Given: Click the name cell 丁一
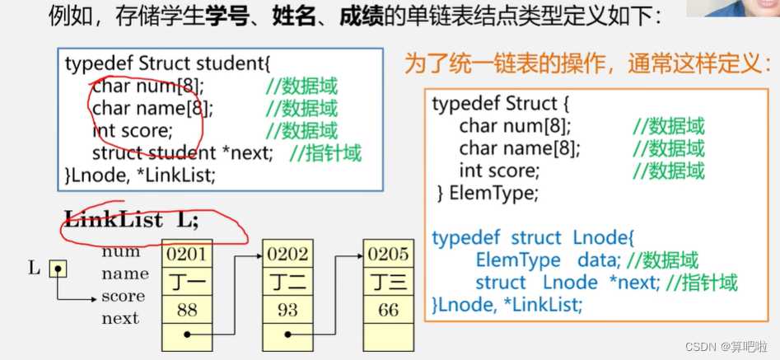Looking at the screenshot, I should pos(186,283).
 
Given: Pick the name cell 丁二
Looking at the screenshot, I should pos(287,283).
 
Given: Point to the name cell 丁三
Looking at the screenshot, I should pos(388,283).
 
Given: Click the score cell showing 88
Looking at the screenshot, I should pos(186,310).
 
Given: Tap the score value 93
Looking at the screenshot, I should pos(287,310).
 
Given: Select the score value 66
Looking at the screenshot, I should pos(388,310).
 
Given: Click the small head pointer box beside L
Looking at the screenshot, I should pos(57,269).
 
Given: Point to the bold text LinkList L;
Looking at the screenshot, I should pos(132,220).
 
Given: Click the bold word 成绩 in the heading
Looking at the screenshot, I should pos(361,16).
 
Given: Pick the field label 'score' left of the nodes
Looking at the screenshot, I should pos(123,296).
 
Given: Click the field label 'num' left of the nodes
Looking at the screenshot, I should pos(121,252).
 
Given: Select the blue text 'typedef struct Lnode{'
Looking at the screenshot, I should pos(532,239).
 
